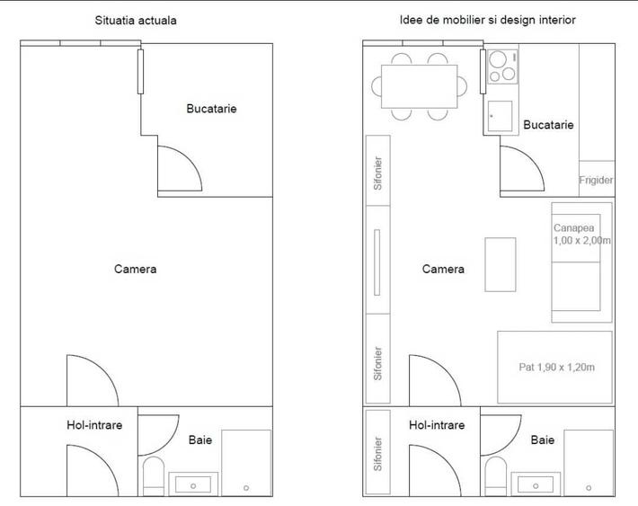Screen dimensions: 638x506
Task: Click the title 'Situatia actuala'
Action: click(136, 21)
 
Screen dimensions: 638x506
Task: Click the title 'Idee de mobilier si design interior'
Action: click(487, 20)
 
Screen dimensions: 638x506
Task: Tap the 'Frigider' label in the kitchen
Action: click(596, 180)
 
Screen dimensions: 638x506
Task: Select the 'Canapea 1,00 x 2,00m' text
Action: click(582, 234)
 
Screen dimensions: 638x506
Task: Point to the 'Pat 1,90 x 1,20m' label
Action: click(556, 368)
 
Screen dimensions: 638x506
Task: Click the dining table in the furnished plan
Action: click(419, 86)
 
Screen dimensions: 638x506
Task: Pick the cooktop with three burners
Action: click(502, 67)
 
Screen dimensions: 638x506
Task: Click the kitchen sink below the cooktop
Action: click(500, 116)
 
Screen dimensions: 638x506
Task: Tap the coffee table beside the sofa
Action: click(501, 264)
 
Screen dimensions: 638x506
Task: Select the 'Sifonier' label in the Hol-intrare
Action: click(378, 454)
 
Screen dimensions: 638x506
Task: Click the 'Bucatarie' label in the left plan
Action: click(211, 109)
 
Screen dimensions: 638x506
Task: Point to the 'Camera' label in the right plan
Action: click(443, 269)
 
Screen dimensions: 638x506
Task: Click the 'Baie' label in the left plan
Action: click(200, 440)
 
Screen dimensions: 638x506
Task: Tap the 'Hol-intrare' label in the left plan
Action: click(94, 425)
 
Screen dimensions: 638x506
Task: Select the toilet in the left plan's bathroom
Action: click(154, 475)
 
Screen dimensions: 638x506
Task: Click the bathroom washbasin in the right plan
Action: click(536, 484)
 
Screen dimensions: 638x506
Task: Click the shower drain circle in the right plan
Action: click(589, 488)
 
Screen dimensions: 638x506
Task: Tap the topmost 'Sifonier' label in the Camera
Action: click(378, 173)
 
